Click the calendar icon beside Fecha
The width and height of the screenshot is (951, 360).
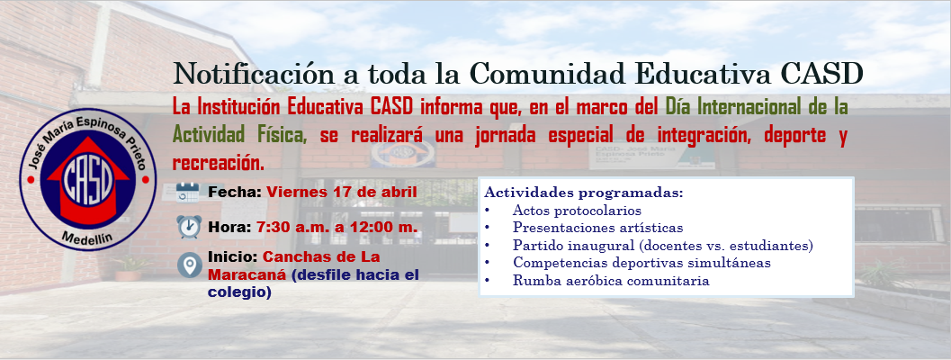[x=188, y=192]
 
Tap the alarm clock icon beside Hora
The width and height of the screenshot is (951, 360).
[x=189, y=227]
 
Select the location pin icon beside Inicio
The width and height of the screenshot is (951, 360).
[x=189, y=265]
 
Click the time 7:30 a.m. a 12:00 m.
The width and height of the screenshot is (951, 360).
[x=336, y=227]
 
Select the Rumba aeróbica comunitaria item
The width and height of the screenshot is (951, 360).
[x=611, y=281]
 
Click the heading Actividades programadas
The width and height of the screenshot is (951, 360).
[x=584, y=193]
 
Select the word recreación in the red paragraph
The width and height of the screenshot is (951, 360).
[x=219, y=164]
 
